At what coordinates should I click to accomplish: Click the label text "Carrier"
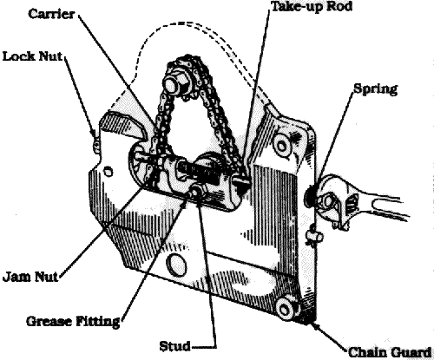pyautogui.click(x=51, y=14)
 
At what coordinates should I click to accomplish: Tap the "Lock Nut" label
pyautogui.click(x=32, y=56)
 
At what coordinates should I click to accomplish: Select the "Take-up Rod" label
pyautogui.click(x=312, y=6)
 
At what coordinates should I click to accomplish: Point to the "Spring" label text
pyautogui.click(x=376, y=89)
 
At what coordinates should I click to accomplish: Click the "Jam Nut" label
pyautogui.click(x=30, y=277)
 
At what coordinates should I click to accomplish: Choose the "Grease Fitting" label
pyautogui.click(x=73, y=321)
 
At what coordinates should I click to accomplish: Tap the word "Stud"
pyautogui.click(x=174, y=346)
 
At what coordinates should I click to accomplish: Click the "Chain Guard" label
pyautogui.click(x=390, y=352)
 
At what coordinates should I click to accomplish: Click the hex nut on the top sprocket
pyautogui.click(x=173, y=84)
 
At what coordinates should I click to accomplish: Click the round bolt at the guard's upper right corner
pyautogui.click(x=281, y=146)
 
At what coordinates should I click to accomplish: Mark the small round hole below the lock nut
pyautogui.click(x=108, y=171)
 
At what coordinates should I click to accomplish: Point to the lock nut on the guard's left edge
pyautogui.click(x=96, y=145)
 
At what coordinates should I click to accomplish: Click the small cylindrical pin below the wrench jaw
pyautogui.click(x=315, y=236)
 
